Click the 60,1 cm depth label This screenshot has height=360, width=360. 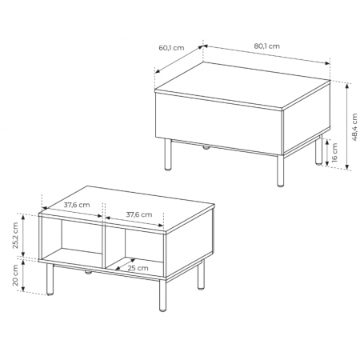click(171, 48)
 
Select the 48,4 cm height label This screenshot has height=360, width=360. click(354, 127)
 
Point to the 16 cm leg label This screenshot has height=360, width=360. click(335, 152)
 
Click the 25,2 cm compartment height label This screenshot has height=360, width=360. click(15, 235)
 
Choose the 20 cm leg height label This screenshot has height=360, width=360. click(15, 275)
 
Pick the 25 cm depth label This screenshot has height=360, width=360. click(138, 268)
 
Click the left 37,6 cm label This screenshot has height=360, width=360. click(77, 205)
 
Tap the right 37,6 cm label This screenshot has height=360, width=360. click(139, 214)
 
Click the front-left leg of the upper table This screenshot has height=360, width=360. click(168, 154)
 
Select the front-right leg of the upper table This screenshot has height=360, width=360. click(280, 170)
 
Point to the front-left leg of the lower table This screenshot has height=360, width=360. click(50, 279)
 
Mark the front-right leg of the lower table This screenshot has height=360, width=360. click(162, 295)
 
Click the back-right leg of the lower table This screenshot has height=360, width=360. click(201, 275)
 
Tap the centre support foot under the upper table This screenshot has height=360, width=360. click(206, 147)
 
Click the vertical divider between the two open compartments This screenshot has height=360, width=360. click(104, 246)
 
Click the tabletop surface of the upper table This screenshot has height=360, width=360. click(242, 85)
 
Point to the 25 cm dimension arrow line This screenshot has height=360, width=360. click(126, 264)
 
